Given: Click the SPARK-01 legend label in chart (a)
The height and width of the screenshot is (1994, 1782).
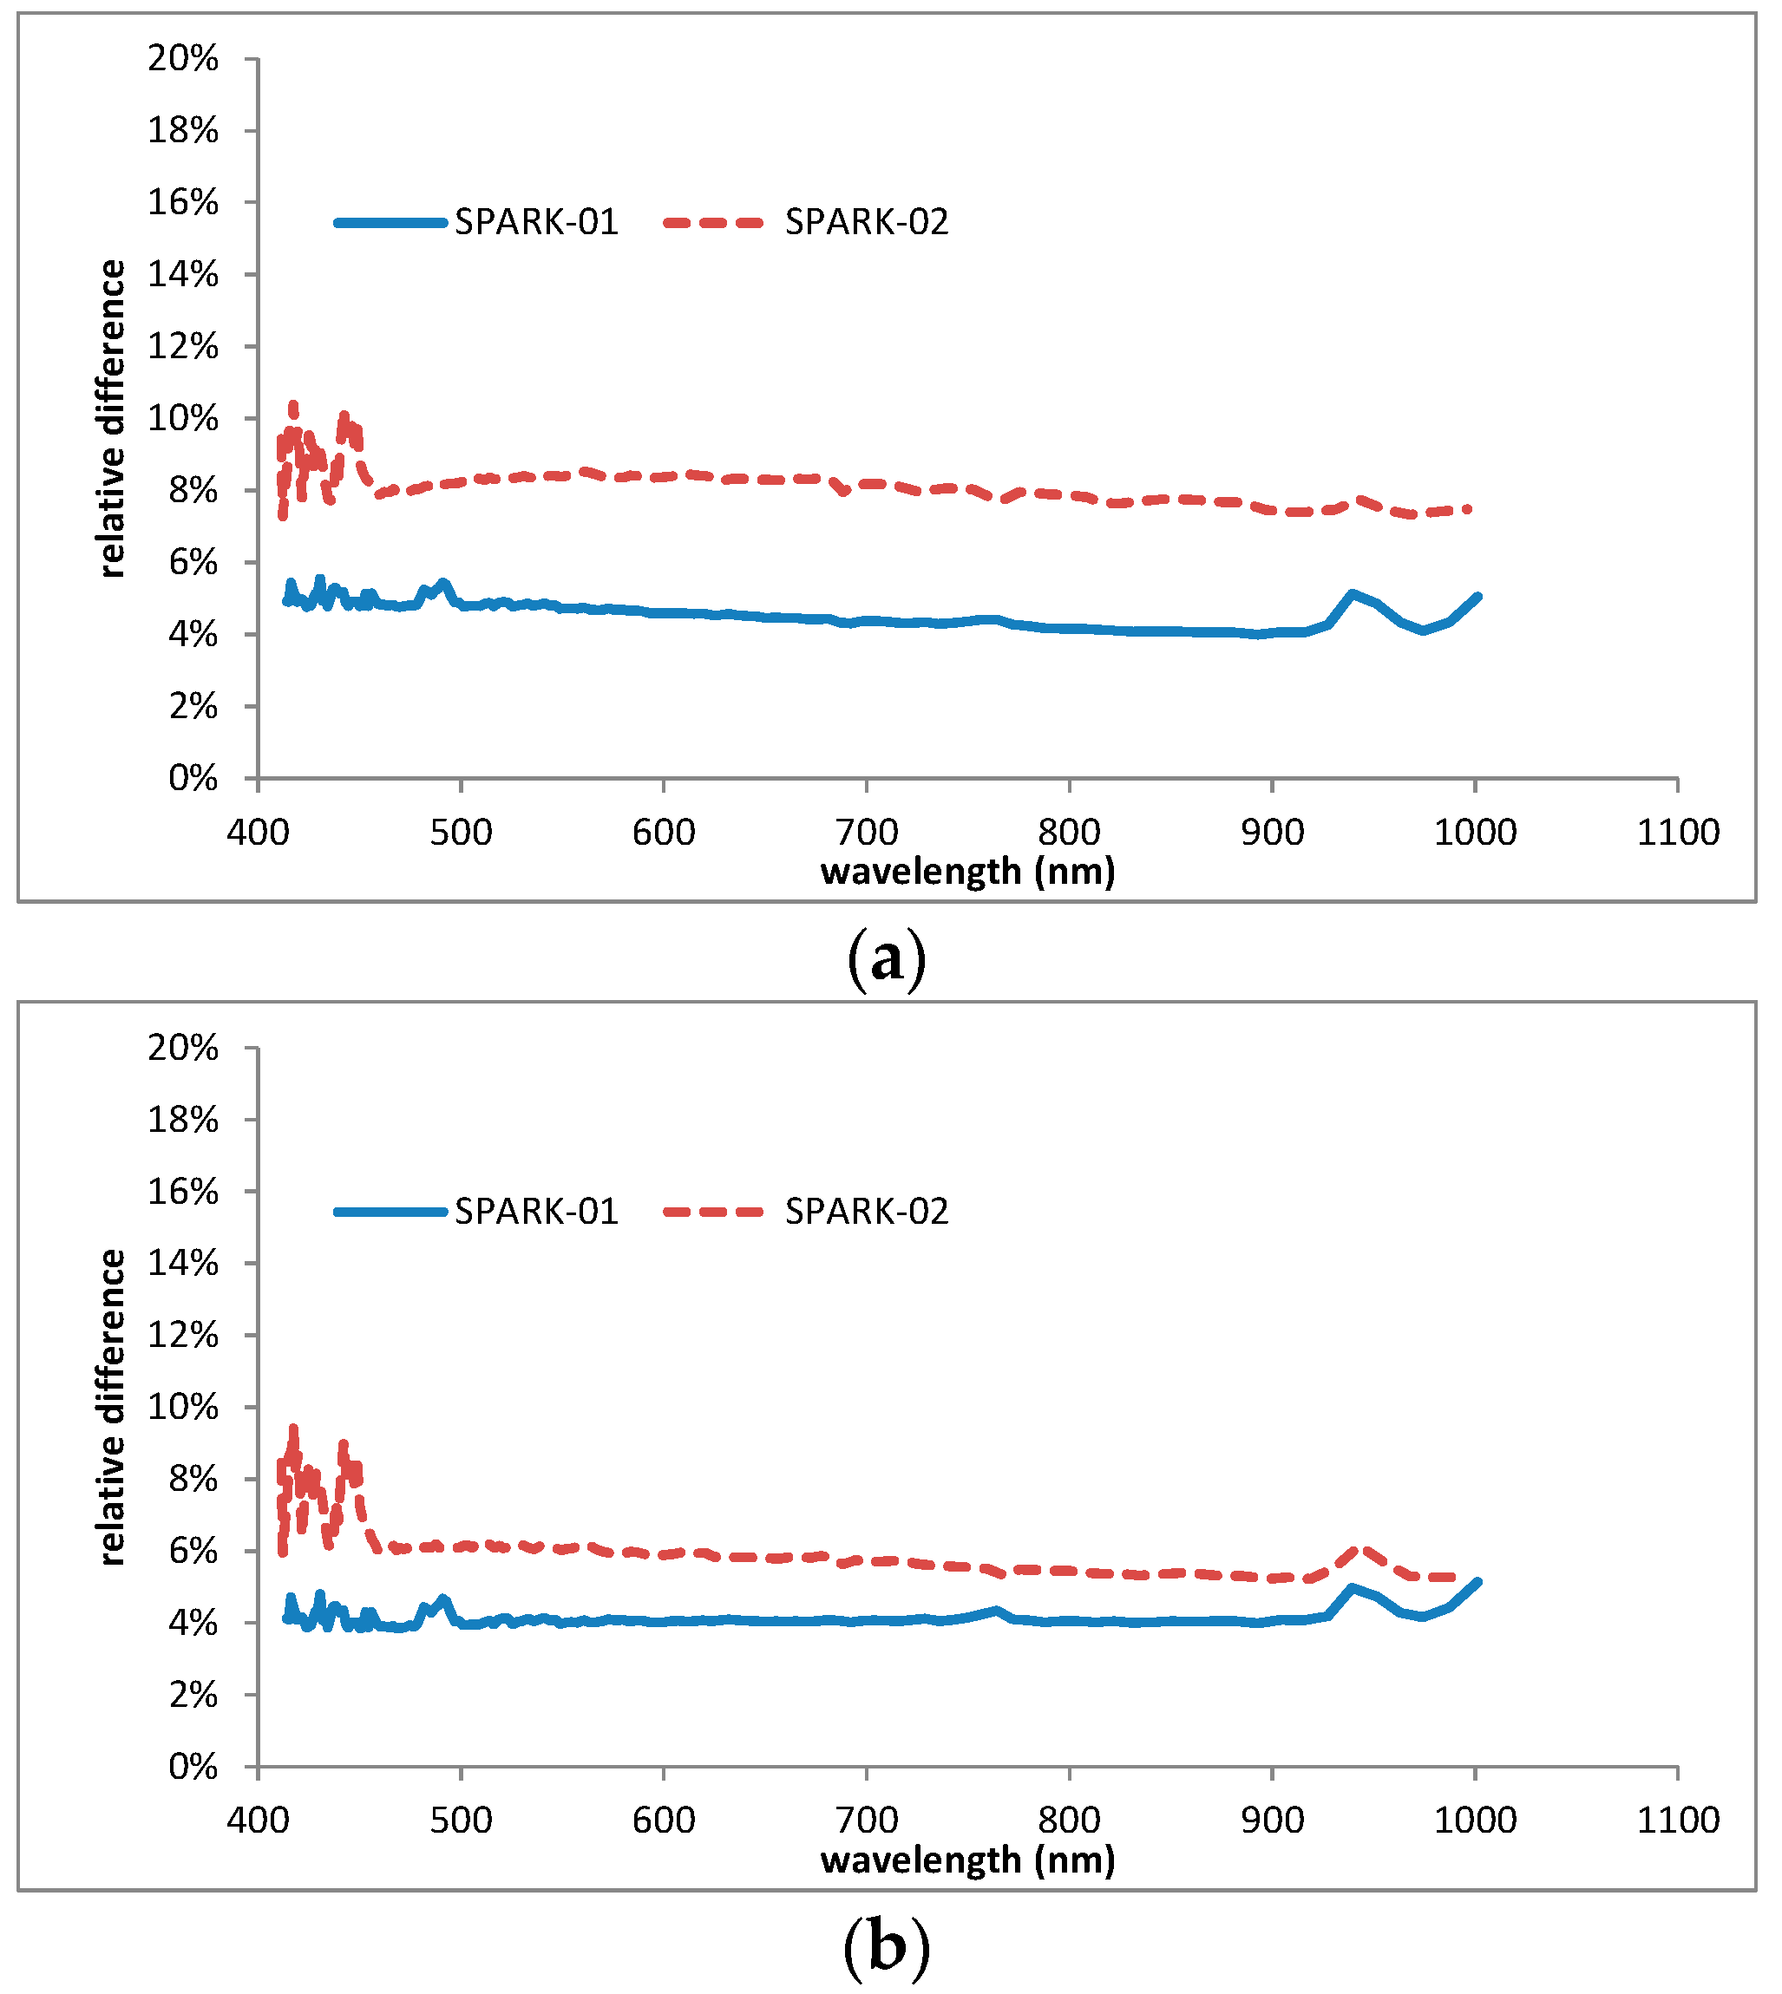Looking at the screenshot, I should coord(536,223).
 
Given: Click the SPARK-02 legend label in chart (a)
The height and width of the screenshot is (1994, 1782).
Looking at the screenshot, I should coord(867,223).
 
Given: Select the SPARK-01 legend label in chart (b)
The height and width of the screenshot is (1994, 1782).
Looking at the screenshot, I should coord(536,1213).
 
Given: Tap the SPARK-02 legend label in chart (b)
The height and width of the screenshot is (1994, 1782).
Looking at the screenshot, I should coord(867,1213).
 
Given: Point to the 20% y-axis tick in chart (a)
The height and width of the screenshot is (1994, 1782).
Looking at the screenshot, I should coord(183,59).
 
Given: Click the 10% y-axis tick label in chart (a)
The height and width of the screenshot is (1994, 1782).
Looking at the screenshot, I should coord(183,419).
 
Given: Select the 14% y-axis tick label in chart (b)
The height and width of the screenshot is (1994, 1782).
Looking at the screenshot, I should coord(183,1264).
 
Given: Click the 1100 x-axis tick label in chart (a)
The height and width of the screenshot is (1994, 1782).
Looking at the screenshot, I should coord(1678,833).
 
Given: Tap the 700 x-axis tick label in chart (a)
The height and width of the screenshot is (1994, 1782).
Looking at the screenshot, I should coord(867,833).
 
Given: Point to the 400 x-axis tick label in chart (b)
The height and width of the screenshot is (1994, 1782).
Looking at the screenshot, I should coord(259,1821).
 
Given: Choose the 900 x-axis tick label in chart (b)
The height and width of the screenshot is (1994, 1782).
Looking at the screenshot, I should coord(1272,1821).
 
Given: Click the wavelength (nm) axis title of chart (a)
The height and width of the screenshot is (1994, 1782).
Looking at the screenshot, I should coord(967,870).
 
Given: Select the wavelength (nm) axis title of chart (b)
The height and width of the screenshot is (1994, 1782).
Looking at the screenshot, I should coord(967,1859).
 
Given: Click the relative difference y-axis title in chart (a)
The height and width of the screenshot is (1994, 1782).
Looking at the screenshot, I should coord(113,419).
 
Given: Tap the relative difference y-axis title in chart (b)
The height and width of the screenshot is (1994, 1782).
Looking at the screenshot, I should coord(113,1408).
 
